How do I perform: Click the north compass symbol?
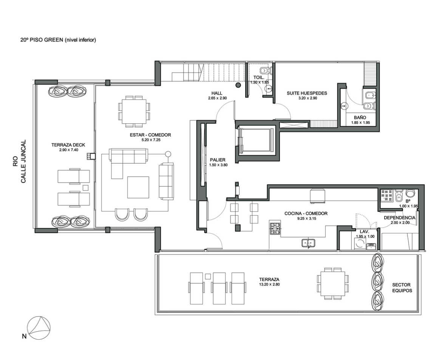point(39,328)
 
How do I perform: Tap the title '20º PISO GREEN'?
point(42,40)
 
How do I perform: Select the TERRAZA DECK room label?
point(68,145)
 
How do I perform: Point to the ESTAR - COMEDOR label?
point(150,135)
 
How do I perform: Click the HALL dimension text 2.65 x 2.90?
point(217,98)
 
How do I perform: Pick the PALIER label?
point(218,160)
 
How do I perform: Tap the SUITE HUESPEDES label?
point(307,93)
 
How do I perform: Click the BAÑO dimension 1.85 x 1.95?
point(360,123)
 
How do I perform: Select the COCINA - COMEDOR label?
point(306,214)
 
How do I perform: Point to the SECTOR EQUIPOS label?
point(402,288)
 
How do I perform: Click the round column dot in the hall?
point(238,85)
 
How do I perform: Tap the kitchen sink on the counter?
point(308,243)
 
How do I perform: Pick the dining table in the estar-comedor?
point(134,111)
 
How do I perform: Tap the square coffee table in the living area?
point(138,187)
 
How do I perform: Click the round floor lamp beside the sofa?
point(168,154)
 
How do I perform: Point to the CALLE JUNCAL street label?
point(23,161)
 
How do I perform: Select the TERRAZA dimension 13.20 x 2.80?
point(269,284)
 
